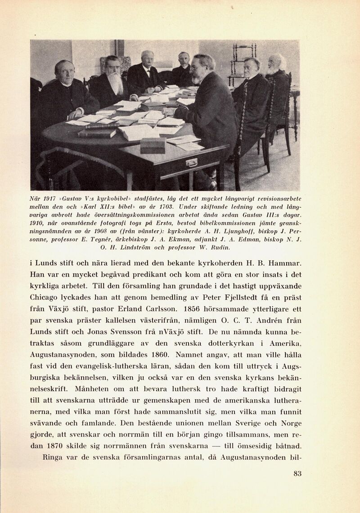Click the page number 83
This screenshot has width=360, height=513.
(x=297, y=473)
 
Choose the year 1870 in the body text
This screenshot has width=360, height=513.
(x=58, y=446)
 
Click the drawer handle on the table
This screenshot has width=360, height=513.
(x=192, y=162)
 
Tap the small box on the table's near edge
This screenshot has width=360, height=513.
(x=153, y=144)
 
